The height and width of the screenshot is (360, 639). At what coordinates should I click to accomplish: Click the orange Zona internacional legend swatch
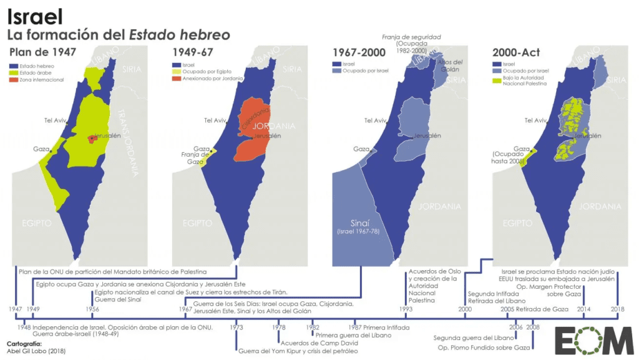pyautogui.click(x=13, y=79)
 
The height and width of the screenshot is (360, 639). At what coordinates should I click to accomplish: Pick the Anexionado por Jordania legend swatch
pyautogui.click(x=174, y=79)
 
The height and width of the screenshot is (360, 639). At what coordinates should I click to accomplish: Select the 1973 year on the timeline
pyautogui.click(x=237, y=327)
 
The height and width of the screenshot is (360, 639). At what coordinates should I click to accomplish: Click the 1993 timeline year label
pyautogui.click(x=406, y=309)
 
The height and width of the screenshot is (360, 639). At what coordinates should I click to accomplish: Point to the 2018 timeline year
pyautogui.click(x=618, y=309)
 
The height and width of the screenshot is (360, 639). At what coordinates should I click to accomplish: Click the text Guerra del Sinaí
pyautogui.click(x=117, y=299)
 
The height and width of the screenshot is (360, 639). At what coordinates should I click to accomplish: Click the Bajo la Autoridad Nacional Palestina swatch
pyautogui.click(x=496, y=79)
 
